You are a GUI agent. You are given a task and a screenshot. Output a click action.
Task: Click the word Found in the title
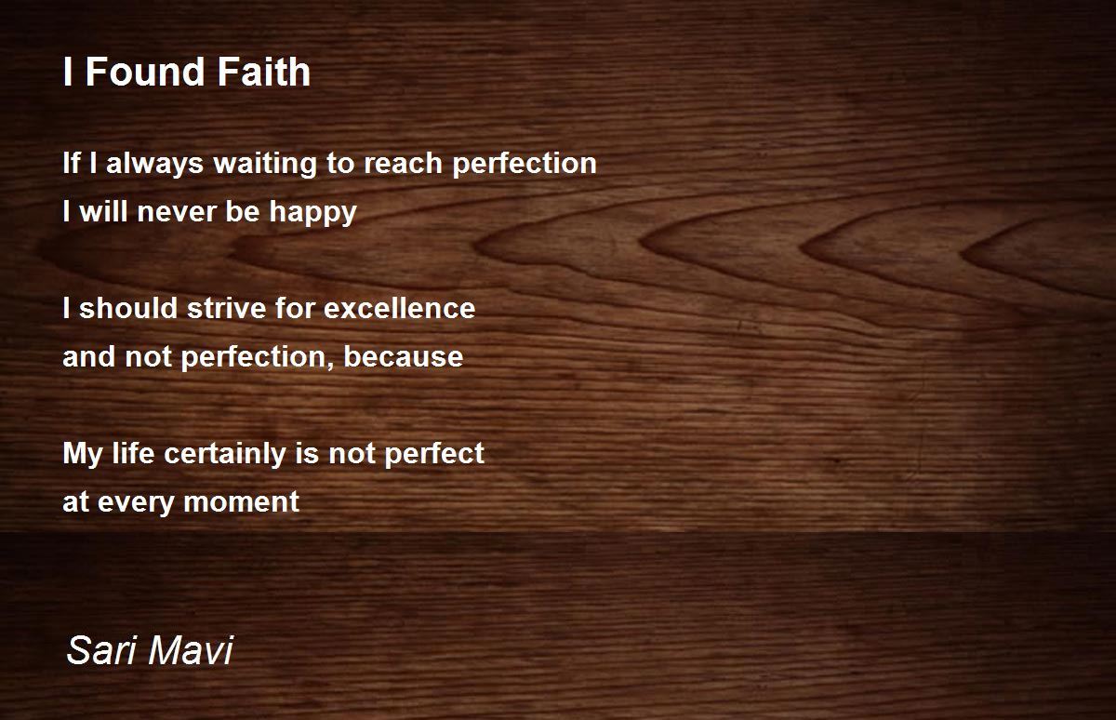coord(145,72)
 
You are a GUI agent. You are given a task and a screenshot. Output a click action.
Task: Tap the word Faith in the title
coord(264,72)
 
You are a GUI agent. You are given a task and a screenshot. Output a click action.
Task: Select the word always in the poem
coord(155,164)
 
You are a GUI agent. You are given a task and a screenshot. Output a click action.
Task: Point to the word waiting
coord(265,164)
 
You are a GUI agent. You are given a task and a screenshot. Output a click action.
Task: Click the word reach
coord(403,163)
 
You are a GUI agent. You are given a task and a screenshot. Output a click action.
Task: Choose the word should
coord(128,308)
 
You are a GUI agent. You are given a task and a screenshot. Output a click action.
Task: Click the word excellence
coord(400,308)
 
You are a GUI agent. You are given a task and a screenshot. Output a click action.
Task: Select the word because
coord(404,357)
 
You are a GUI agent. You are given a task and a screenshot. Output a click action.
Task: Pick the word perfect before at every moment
coord(434,454)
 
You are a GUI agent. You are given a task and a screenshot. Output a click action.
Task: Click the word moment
coord(242,501)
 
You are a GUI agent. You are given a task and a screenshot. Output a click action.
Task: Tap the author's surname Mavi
coord(191,650)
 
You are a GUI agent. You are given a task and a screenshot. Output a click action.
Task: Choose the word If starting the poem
coord(72,163)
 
